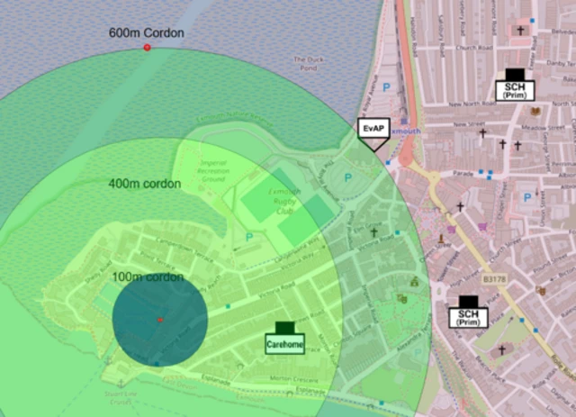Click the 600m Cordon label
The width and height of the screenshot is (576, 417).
point(147,33)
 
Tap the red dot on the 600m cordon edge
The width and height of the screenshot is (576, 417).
point(148,47)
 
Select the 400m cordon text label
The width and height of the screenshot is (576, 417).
point(144,184)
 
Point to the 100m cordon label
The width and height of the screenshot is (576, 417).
point(148,276)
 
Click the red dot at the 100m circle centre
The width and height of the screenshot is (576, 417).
point(160,320)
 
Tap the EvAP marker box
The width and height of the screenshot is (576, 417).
point(373,129)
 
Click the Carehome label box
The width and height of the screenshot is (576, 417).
point(284,342)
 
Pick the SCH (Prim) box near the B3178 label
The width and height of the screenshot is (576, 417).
point(468,317)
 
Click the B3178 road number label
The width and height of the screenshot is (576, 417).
point(493,280)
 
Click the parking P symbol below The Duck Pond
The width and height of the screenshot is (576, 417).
point(387,87)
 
